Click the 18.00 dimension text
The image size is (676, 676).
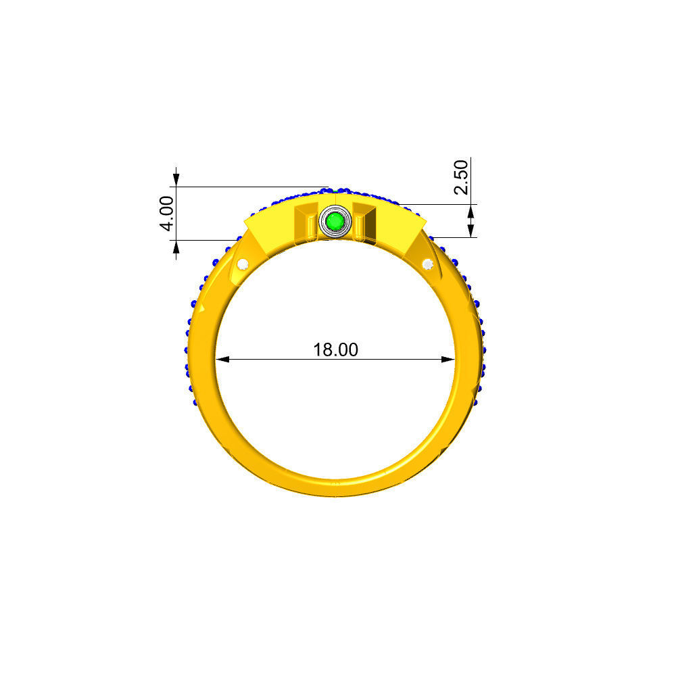[335, 349]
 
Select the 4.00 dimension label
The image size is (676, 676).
[168, 213]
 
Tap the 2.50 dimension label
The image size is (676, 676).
[461, 176]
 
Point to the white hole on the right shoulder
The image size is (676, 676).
[427, 264]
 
